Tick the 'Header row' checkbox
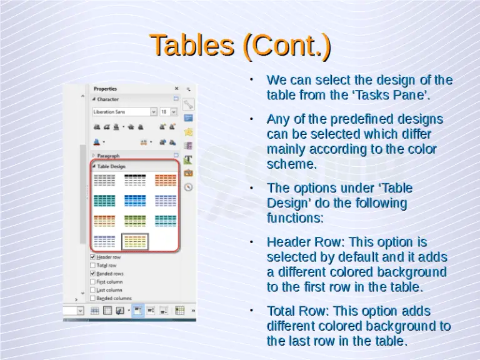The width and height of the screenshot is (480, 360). pos(93,257)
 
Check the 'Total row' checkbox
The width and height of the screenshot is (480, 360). pos(93,265)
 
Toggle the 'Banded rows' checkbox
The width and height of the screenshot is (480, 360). pos(93,273)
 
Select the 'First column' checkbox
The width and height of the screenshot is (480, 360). pos(93,282)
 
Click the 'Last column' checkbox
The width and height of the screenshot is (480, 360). pos(93,290)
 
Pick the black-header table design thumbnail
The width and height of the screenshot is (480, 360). pos(135,180)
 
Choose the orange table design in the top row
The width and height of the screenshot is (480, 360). pos(166,180)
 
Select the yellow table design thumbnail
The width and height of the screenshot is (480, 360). pos(135,241)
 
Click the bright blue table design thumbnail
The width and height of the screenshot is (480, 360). pos(135,200)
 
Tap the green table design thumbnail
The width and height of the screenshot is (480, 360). pos(135,221)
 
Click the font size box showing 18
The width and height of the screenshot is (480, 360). pos(165,112)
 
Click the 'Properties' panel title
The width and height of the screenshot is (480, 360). pos(106,89)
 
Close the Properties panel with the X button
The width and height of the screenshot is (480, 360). pos(176,89)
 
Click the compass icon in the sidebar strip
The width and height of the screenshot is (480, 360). pos(188,187)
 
